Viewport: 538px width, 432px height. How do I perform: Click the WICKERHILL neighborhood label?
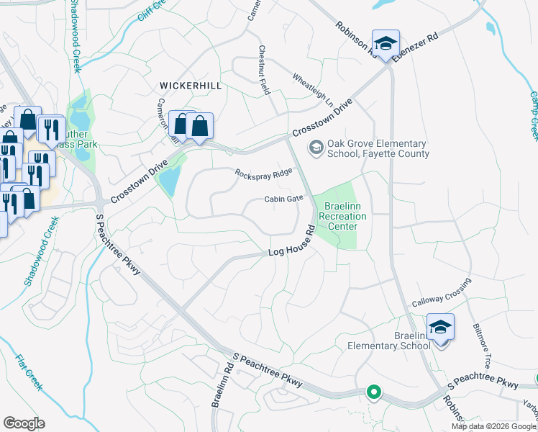(191, 86)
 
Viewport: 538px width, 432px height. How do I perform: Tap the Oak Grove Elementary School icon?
(315, 148)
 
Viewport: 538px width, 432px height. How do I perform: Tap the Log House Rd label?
(292, 243)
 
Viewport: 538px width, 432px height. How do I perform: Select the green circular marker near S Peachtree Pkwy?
(373, 392)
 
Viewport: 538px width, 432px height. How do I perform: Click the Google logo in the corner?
(24, 423)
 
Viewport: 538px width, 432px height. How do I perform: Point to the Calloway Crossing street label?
(441, 294)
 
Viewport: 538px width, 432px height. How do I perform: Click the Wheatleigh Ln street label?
(313, 89)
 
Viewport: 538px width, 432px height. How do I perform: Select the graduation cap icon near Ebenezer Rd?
(386, 43)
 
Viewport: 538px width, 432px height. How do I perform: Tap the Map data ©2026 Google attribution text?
(493, 426)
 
